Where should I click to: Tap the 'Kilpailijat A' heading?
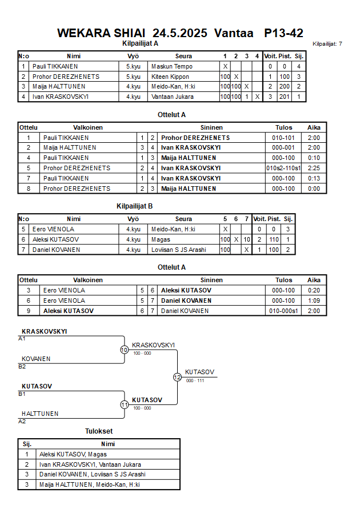coord(141,43)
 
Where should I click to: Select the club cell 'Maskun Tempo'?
coord(172,66)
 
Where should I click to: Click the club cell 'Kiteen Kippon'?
coord(170,77)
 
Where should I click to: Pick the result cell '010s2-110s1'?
coord(283,168)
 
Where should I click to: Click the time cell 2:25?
coord(314,168)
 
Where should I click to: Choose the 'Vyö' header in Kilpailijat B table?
coord(133,219)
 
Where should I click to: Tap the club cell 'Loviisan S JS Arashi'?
coord(178,250)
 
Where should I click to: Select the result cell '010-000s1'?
coord(283,311)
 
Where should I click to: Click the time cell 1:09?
coord(314,300)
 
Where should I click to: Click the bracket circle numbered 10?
coord(124,350)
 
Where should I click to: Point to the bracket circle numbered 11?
coord(124,404)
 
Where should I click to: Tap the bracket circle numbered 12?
coord(177,377)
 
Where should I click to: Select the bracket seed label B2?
coord(22,366)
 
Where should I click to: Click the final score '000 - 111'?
coord(194,380)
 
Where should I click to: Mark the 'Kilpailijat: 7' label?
coord(327,44)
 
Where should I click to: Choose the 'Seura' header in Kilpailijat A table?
coord(183,56)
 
